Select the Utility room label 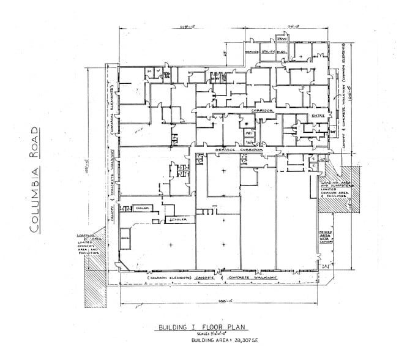(x=269, y=53)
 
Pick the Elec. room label (x=283, y=53)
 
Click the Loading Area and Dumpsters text (x=333, y=190)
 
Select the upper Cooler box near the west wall (x=143, y=208)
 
